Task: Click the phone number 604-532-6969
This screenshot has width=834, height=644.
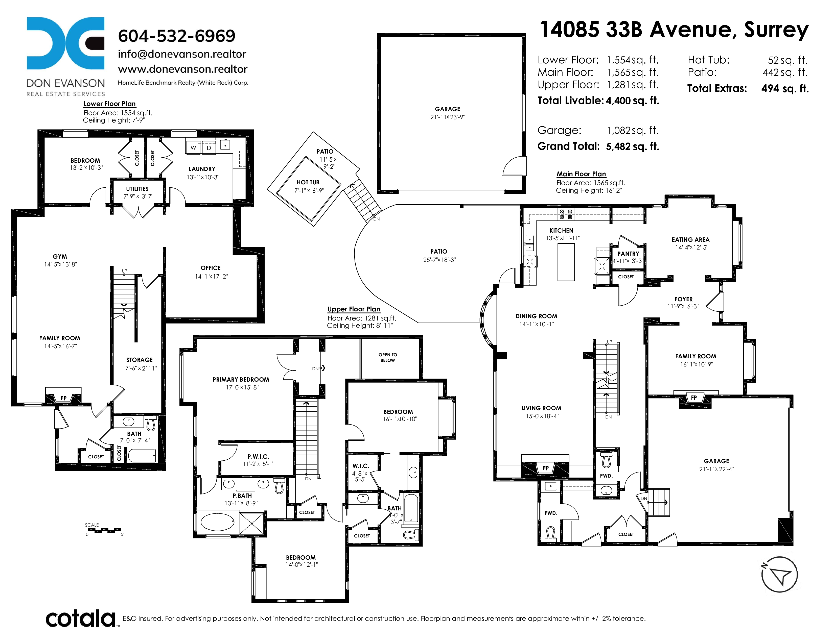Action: (176, 36)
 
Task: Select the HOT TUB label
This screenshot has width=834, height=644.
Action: (308, 182)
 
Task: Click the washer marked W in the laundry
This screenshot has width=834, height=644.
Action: (194, 147)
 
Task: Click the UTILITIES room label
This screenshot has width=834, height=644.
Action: (137, 189)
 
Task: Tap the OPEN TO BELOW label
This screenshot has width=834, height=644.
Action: (388, 357)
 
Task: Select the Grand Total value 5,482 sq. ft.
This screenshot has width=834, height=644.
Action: (632, 146)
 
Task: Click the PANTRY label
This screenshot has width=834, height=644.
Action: (628, 254)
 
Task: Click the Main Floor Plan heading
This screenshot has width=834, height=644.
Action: (581, 174)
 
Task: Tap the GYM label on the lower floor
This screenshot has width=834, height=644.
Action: (60, 257)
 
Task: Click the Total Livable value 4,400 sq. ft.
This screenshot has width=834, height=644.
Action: (632, 101)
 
